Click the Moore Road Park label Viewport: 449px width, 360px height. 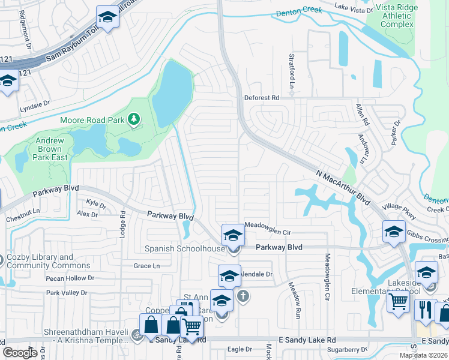pyautogui.click(x=92, y=120)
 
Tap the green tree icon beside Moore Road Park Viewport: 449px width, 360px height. pyautogui.click(x=133, y=120)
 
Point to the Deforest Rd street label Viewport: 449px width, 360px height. pyautogui.click(x=262, y=98)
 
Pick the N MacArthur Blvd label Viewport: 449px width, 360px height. pyautogui.click(x=342, y=187)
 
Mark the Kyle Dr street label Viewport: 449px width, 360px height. pyautogui.click(x=96, y=203)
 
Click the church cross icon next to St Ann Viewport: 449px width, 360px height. pyautogui.click(x=243, y=296)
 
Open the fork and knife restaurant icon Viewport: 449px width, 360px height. pyautogui.click(x=425, y=310)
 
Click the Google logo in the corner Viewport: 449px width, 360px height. pyautogui.click(x=20, y=352)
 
